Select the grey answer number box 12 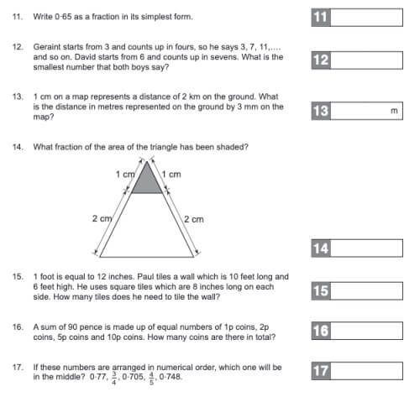320,60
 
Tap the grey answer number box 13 320,111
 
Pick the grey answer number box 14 320,248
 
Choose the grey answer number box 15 320,290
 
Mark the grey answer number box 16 320,331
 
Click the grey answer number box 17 320,370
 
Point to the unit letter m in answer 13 393,111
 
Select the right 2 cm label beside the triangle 193,218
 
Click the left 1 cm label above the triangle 125,174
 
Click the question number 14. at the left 17,147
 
